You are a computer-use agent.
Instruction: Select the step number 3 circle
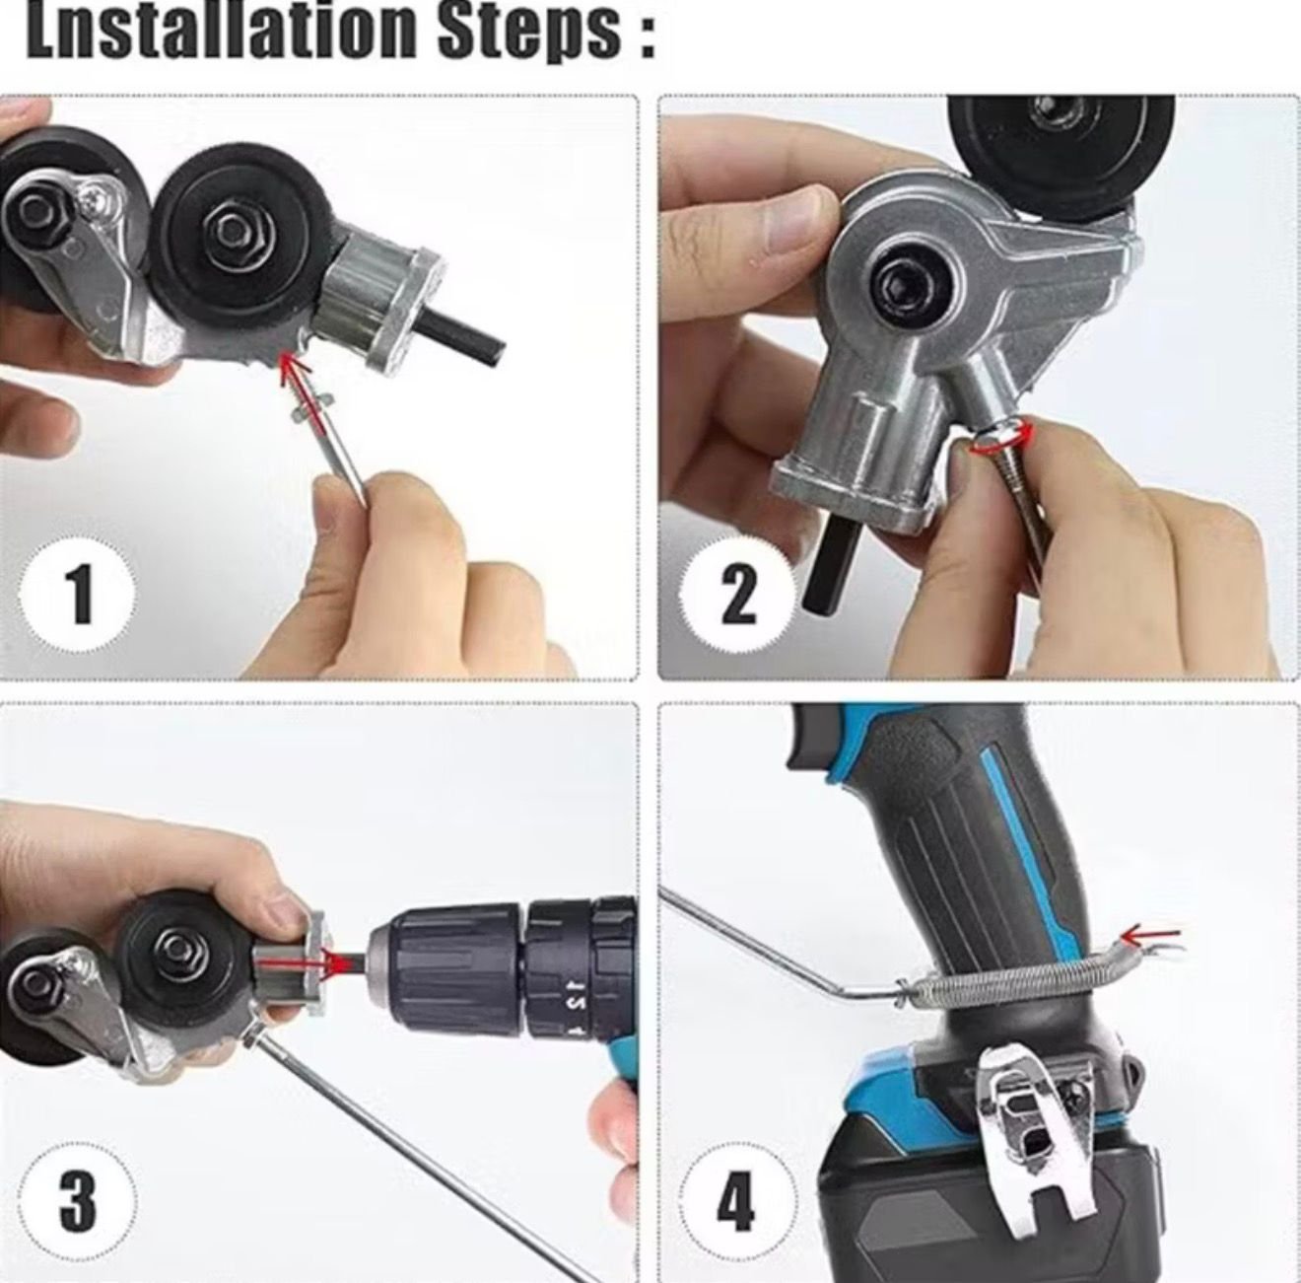[x=79, y=1199]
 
